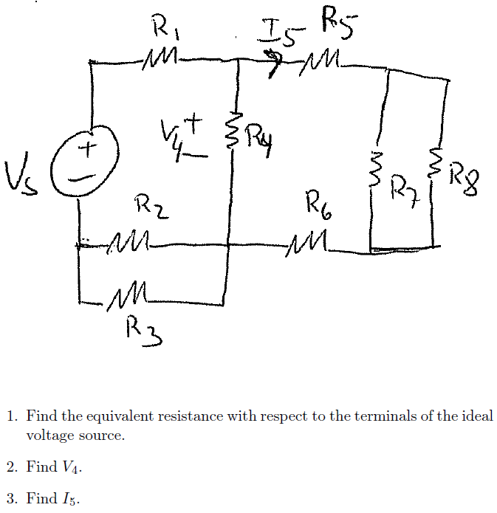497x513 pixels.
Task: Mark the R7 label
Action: [x=404, y=185]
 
